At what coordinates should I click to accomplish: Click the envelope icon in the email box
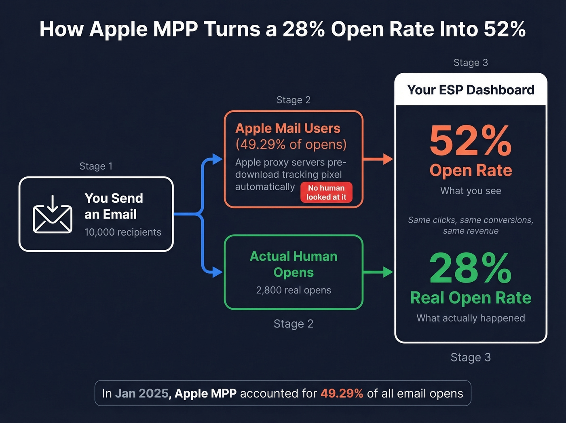53,215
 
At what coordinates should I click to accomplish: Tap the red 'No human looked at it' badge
326,192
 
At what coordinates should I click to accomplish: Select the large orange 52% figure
471,140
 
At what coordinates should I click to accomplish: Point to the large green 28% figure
471,268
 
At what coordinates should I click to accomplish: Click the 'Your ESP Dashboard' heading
471,89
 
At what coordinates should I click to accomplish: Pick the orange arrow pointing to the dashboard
378,159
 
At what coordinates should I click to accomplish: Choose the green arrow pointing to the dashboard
378,272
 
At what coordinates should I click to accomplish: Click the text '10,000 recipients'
122,232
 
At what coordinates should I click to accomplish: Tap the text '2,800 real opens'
294,290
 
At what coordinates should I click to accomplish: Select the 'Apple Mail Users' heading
288,128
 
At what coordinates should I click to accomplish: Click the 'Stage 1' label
96,166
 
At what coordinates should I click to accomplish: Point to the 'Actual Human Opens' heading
294,264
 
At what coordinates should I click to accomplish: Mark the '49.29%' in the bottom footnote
342,393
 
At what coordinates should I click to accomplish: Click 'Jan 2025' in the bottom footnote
142,393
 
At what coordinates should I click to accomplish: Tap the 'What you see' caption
471,191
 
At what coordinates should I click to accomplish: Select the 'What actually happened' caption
471,318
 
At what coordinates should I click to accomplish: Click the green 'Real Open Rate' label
471,298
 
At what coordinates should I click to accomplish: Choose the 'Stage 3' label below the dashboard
471,357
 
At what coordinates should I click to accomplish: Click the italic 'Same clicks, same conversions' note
471,220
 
